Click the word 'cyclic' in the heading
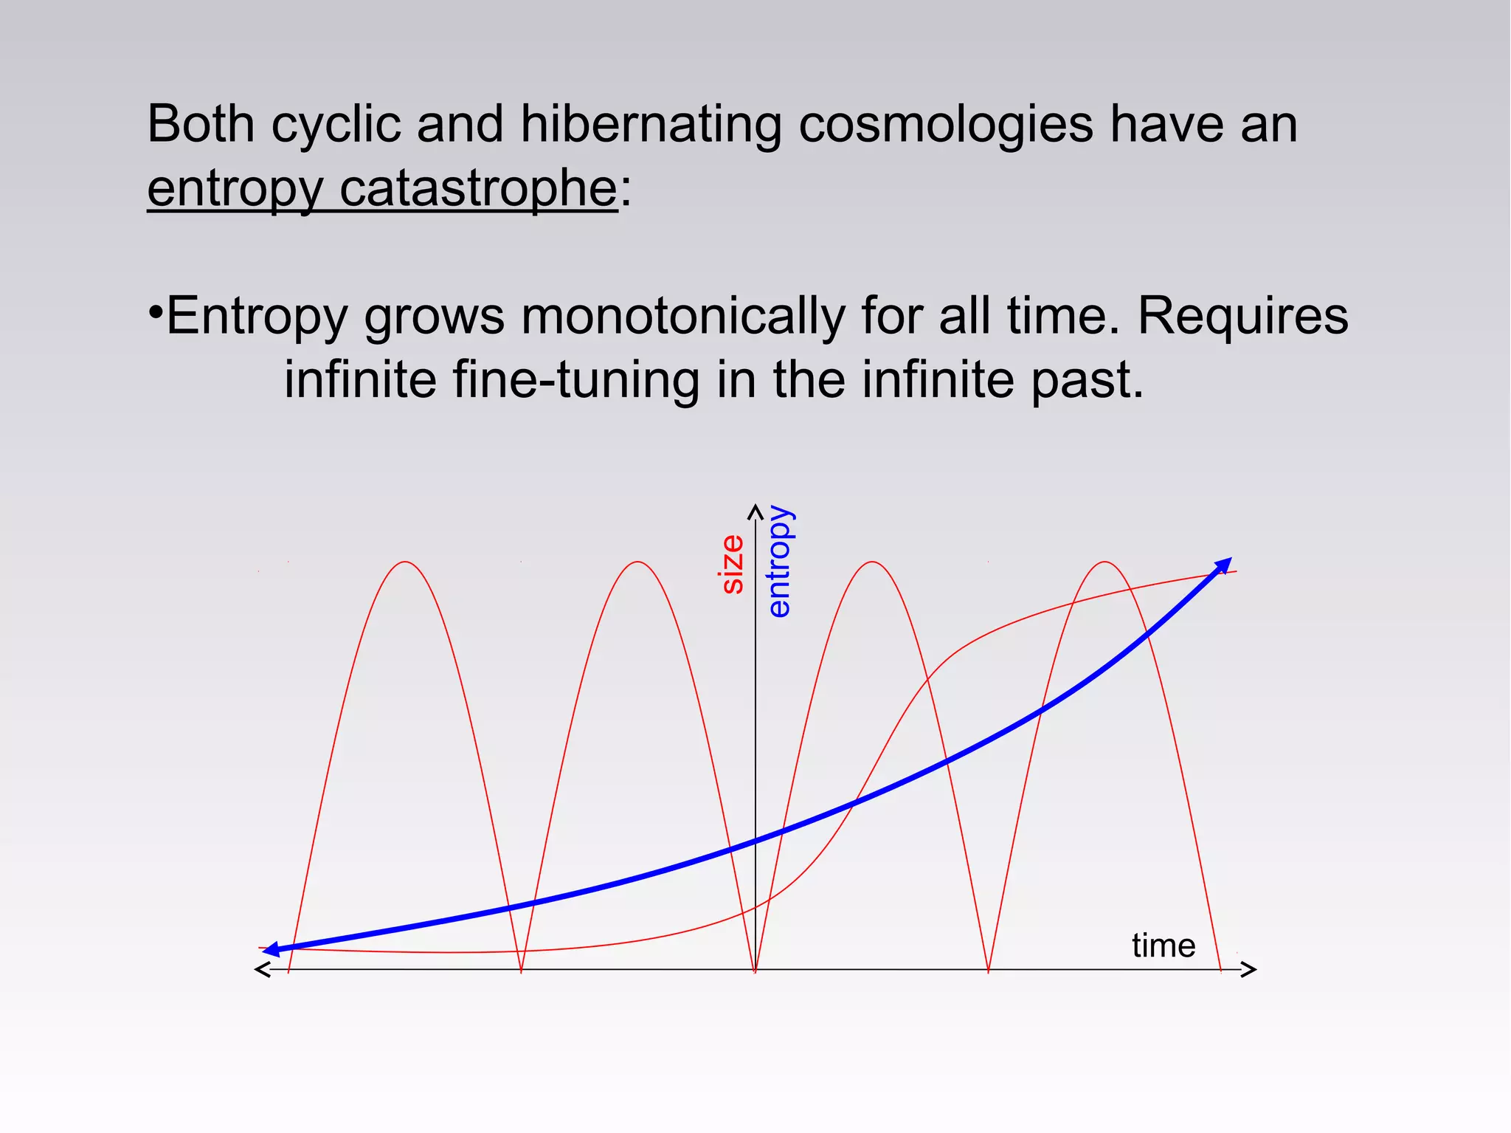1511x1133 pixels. point(336,124)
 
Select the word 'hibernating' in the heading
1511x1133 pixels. point(650,124)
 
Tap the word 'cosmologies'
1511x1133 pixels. point(945,124)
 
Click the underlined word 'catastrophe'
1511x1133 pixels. point(478,189)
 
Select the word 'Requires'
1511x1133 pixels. point(1242,316)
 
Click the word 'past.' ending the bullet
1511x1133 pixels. point(1087,379)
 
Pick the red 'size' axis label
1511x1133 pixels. point(732,565)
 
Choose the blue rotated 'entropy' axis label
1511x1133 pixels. point(779,561)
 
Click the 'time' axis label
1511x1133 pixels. point(1163,946)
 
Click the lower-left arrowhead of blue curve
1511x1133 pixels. point(271,950)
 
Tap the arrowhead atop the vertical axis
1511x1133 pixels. point(755,509)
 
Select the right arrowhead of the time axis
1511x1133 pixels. point(1250,969)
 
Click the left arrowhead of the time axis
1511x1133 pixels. point(261,969)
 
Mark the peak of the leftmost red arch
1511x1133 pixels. point(405,562)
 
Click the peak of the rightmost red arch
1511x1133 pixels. point(1104,562)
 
